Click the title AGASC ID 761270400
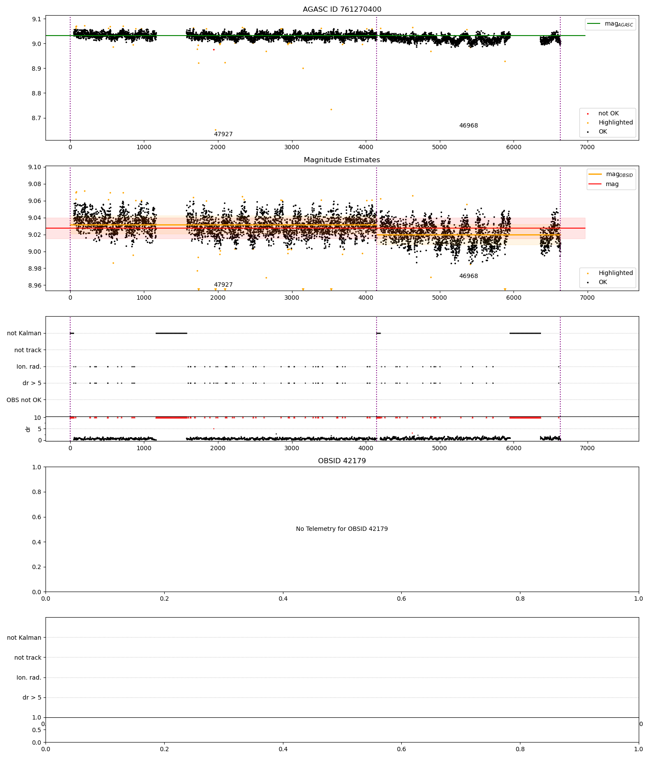[342, 10]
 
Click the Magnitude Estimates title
[342, 160]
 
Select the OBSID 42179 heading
[342, 461]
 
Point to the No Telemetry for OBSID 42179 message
[342, 529]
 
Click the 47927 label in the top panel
[223, 134]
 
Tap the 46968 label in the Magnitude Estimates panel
[468, 276]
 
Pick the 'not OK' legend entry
[608, 114]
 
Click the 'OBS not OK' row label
[24, 400]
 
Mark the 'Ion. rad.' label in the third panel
[29, 367]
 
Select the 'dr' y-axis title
[28, 429]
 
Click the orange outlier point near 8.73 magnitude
[331, 109]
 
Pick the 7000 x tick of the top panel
[587, 147]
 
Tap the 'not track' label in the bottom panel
[28, 658]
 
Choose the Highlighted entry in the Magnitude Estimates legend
[615, 273]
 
